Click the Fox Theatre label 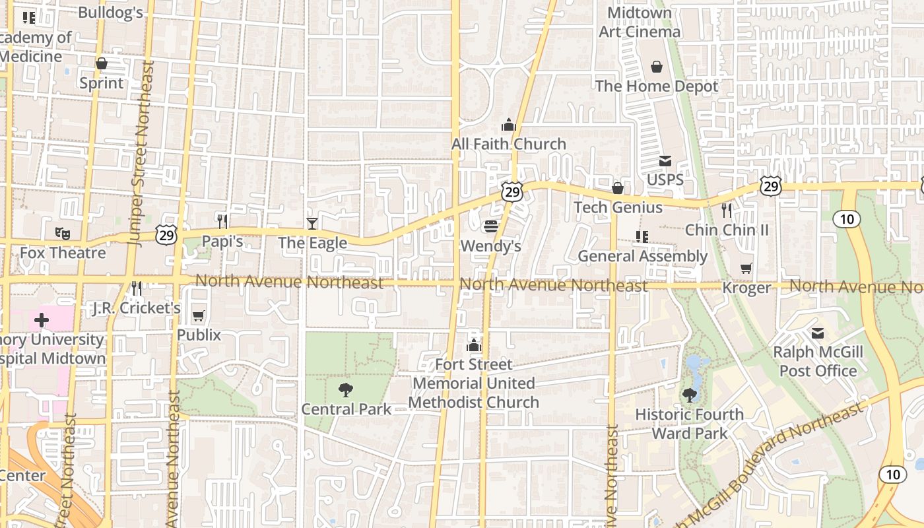click(x=63, y=253)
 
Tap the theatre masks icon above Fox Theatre click(x=63, y=232)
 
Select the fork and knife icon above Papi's click(x=222, y=221)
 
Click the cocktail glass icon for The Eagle click(x=312, y=224)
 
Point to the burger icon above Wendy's click(x=490, y=226)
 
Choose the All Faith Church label click(x=508, y=144)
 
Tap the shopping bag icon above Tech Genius click(x=618, y=189)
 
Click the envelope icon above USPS click(x=665, y=161)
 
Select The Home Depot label click(x=657, y=86)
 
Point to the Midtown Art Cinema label click(x=639, y=22)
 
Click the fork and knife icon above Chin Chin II click(x=727, y=211)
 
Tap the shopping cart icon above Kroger click(x=746, y=268)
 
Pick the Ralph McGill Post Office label click(x=818, y=361)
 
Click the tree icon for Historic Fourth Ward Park click(x=690, y=395)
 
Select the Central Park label click(x=346, y=409)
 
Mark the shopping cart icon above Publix click(x=199, y=316)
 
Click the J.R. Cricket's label click(x=137, y=308)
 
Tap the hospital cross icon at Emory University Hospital click(x=42, y=321)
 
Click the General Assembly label click(x=642, y=256)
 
